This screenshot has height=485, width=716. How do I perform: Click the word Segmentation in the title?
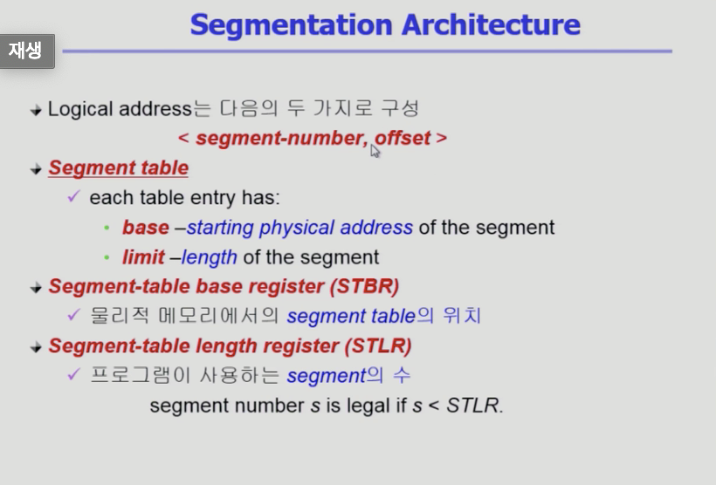(x=291, y=25)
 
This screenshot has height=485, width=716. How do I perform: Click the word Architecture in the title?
(x=491, y=24)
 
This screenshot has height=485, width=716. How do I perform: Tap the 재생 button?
(x=27, y=51)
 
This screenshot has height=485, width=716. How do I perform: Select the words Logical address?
(x=120, y=110)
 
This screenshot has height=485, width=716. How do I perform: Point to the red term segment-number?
(x=282, y=139)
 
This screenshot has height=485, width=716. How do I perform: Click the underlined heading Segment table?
(x=118, y=167)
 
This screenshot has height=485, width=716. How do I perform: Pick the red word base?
(x=146, y=227)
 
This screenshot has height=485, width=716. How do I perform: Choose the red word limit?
(x=143, y=257)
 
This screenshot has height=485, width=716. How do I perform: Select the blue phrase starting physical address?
(x=299, y=228)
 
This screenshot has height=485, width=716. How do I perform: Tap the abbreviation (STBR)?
(x=365, y=286)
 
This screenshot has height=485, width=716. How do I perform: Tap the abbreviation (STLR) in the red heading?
(x=377, y=345)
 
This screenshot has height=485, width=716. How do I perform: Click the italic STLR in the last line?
(x=472, y=405)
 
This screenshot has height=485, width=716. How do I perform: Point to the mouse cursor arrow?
(x=375, y=151)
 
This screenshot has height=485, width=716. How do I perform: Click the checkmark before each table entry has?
(x=73, y=196)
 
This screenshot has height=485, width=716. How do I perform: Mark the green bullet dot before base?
(x=107, y=228)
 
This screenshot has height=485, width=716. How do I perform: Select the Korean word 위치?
(x=462, y=316)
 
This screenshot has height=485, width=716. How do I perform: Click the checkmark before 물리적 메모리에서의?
(x=73, y=314)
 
